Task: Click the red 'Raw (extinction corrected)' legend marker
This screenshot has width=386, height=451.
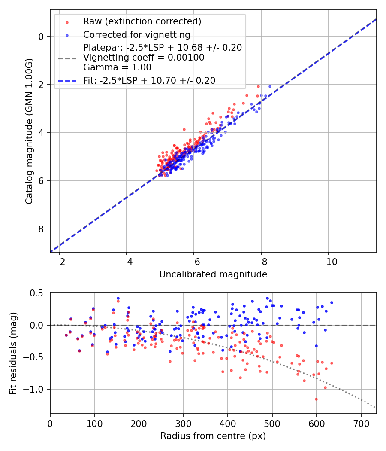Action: click(x=66, y=21)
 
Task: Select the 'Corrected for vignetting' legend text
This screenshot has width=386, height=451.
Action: click(x=137, y=34)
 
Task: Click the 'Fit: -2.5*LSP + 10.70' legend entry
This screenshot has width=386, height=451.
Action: click(x=149, y=80)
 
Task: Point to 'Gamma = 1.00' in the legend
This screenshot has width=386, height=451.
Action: click(x=117, y=67)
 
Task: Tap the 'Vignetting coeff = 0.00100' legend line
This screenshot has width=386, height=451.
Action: click(x=144, y=57)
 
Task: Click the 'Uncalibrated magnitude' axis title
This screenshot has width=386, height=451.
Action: click(x=213, y=274)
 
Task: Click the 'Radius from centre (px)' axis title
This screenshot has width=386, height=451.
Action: click(x=213, y=436)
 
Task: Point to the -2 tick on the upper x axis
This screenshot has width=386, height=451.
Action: click(x=59, y=262)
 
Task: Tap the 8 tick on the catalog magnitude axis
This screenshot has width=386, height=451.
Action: click(x=41, y=229)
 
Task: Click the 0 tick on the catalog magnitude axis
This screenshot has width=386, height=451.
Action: click(x=41, y=37)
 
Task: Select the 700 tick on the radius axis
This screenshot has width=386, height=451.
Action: click(x=361, y=423)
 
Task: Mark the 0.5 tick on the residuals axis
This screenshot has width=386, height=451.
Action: click(x=39, y=293)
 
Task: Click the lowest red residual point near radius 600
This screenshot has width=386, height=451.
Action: click(x=316, y=399)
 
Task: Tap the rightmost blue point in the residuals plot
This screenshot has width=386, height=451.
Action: click(x=332, y=302)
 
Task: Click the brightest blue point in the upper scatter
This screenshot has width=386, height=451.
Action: click(x=270, y=86)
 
